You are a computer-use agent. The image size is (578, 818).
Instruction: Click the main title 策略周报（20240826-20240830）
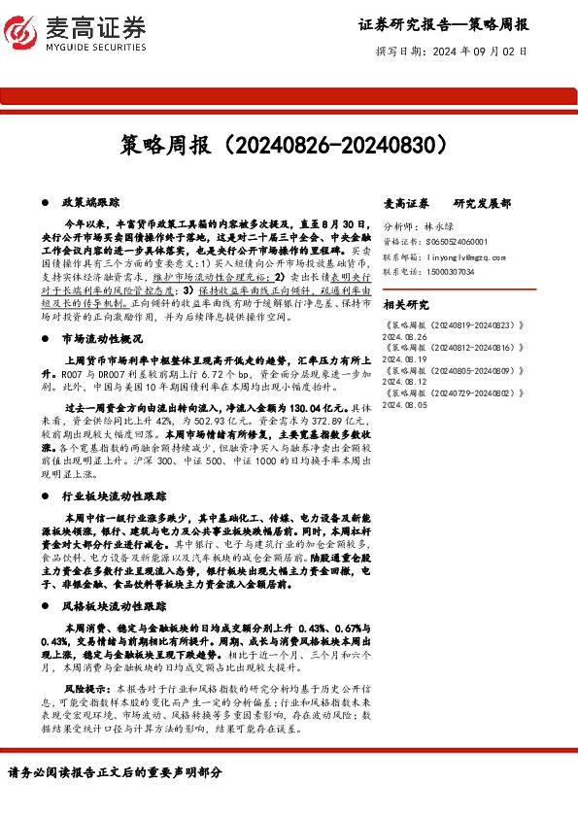(x=289, y=145)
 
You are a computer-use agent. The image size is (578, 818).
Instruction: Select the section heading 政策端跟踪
(x=89, y=202)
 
